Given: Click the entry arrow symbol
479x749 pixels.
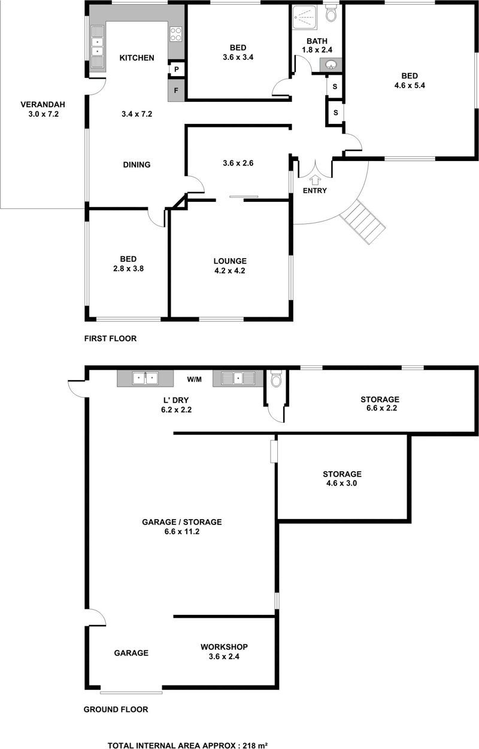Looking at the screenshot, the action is coord(314,181).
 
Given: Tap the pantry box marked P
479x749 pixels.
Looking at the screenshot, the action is coord(177,69).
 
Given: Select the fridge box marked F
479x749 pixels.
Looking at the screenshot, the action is coord(176,90).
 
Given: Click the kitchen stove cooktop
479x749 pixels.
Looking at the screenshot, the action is coord(176,34).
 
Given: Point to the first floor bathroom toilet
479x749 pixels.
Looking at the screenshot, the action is coord(331,13).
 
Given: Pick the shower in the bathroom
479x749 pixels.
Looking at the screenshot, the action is coord(304,17).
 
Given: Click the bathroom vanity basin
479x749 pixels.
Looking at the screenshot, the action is coord(331,65).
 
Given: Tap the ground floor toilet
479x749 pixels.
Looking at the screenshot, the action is coord(276,378).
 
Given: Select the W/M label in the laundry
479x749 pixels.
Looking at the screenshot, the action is coord(194,379).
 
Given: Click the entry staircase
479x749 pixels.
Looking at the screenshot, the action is coord(363,222).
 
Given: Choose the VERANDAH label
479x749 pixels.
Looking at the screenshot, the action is coord(43,105).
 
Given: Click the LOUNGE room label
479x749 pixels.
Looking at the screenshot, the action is coord(230,261).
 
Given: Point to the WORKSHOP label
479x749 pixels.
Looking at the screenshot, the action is coord(224,647).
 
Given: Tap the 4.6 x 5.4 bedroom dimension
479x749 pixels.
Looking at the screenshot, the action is coord(410,85).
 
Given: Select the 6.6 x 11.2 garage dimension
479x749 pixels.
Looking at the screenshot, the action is coord(182,531).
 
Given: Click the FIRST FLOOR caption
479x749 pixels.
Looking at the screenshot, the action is coord(110,338).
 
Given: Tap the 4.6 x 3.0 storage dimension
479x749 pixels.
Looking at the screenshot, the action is coord(341,483).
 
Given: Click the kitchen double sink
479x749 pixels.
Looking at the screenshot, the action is coord(98,47).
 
